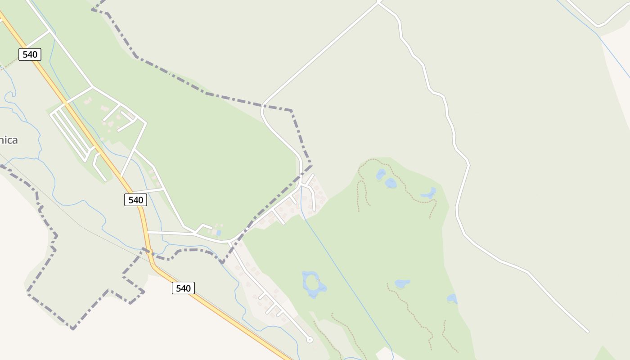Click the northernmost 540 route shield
(x=30, y=54)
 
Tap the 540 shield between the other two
(x=135, y=200)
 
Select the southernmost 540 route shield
(x=183, y=288)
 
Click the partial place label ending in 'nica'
(x=9, y=140)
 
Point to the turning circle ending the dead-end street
(x=310, y=340)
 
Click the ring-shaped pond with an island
(x=313, y=284)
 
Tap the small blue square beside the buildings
(x=219, y=233)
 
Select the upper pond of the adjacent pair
(x=381, y=174)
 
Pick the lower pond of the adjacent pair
(x=391, y=183)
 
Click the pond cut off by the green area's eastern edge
(x=452, y=298)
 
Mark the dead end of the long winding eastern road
(x=587, y=332)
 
